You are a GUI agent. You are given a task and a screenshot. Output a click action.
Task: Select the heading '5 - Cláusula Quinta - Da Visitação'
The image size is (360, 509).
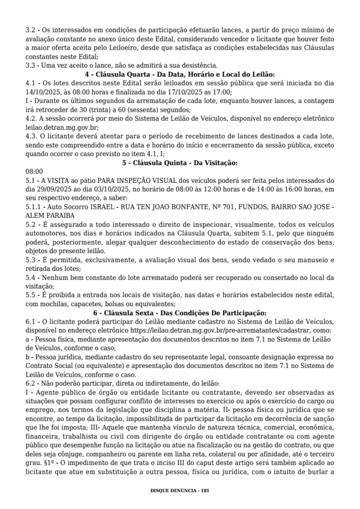[180, 163]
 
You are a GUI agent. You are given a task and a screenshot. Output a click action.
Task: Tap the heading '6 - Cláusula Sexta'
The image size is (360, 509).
[180, 313]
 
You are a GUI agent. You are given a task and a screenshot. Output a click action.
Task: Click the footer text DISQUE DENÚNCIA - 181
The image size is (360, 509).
[180, 490]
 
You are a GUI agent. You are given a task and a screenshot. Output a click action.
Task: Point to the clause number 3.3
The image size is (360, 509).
[30, 65]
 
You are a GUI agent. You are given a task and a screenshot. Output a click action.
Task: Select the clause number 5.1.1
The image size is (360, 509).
[33, 207]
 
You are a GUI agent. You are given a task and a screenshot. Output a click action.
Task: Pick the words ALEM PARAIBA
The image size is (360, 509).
[50, 216]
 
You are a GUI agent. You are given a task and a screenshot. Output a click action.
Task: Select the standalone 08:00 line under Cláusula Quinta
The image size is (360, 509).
[34, 171]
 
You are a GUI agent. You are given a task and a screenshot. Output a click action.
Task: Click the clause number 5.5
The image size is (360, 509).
[30, 295]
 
